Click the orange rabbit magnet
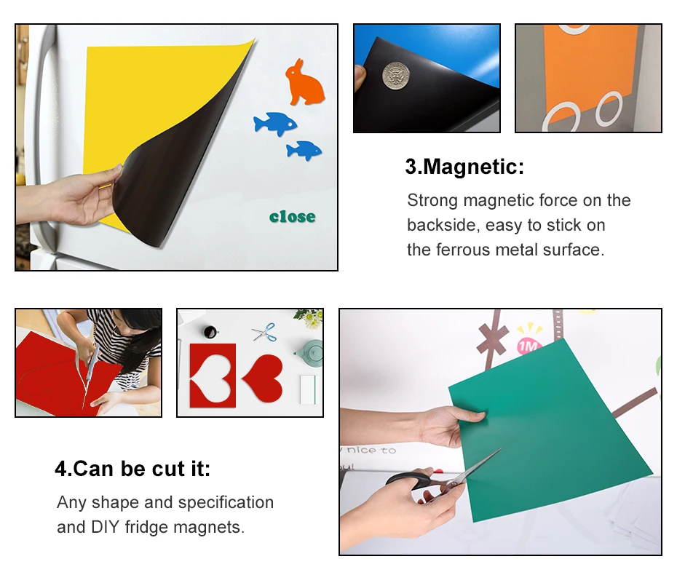point(304,83)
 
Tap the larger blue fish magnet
point(274,124)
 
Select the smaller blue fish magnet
point(304,151)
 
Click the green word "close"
point(292,217)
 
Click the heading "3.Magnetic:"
point(464,167)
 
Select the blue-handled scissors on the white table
point(264,332)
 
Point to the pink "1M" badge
point(529,346)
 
